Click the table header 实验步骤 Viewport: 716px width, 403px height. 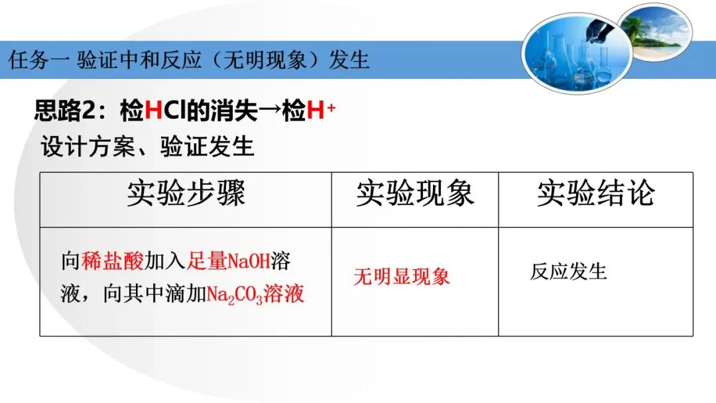pyautogui.click(x=186, y=194)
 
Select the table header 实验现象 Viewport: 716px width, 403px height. pyautogui.click(x=415, y=194)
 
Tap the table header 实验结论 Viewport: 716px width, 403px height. pyautogui.click(x=595, y=194)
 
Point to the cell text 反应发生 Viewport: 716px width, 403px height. pyautogui.click(x=568, y=272)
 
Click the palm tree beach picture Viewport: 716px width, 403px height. pyautogui.click(x=656, y=32)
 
